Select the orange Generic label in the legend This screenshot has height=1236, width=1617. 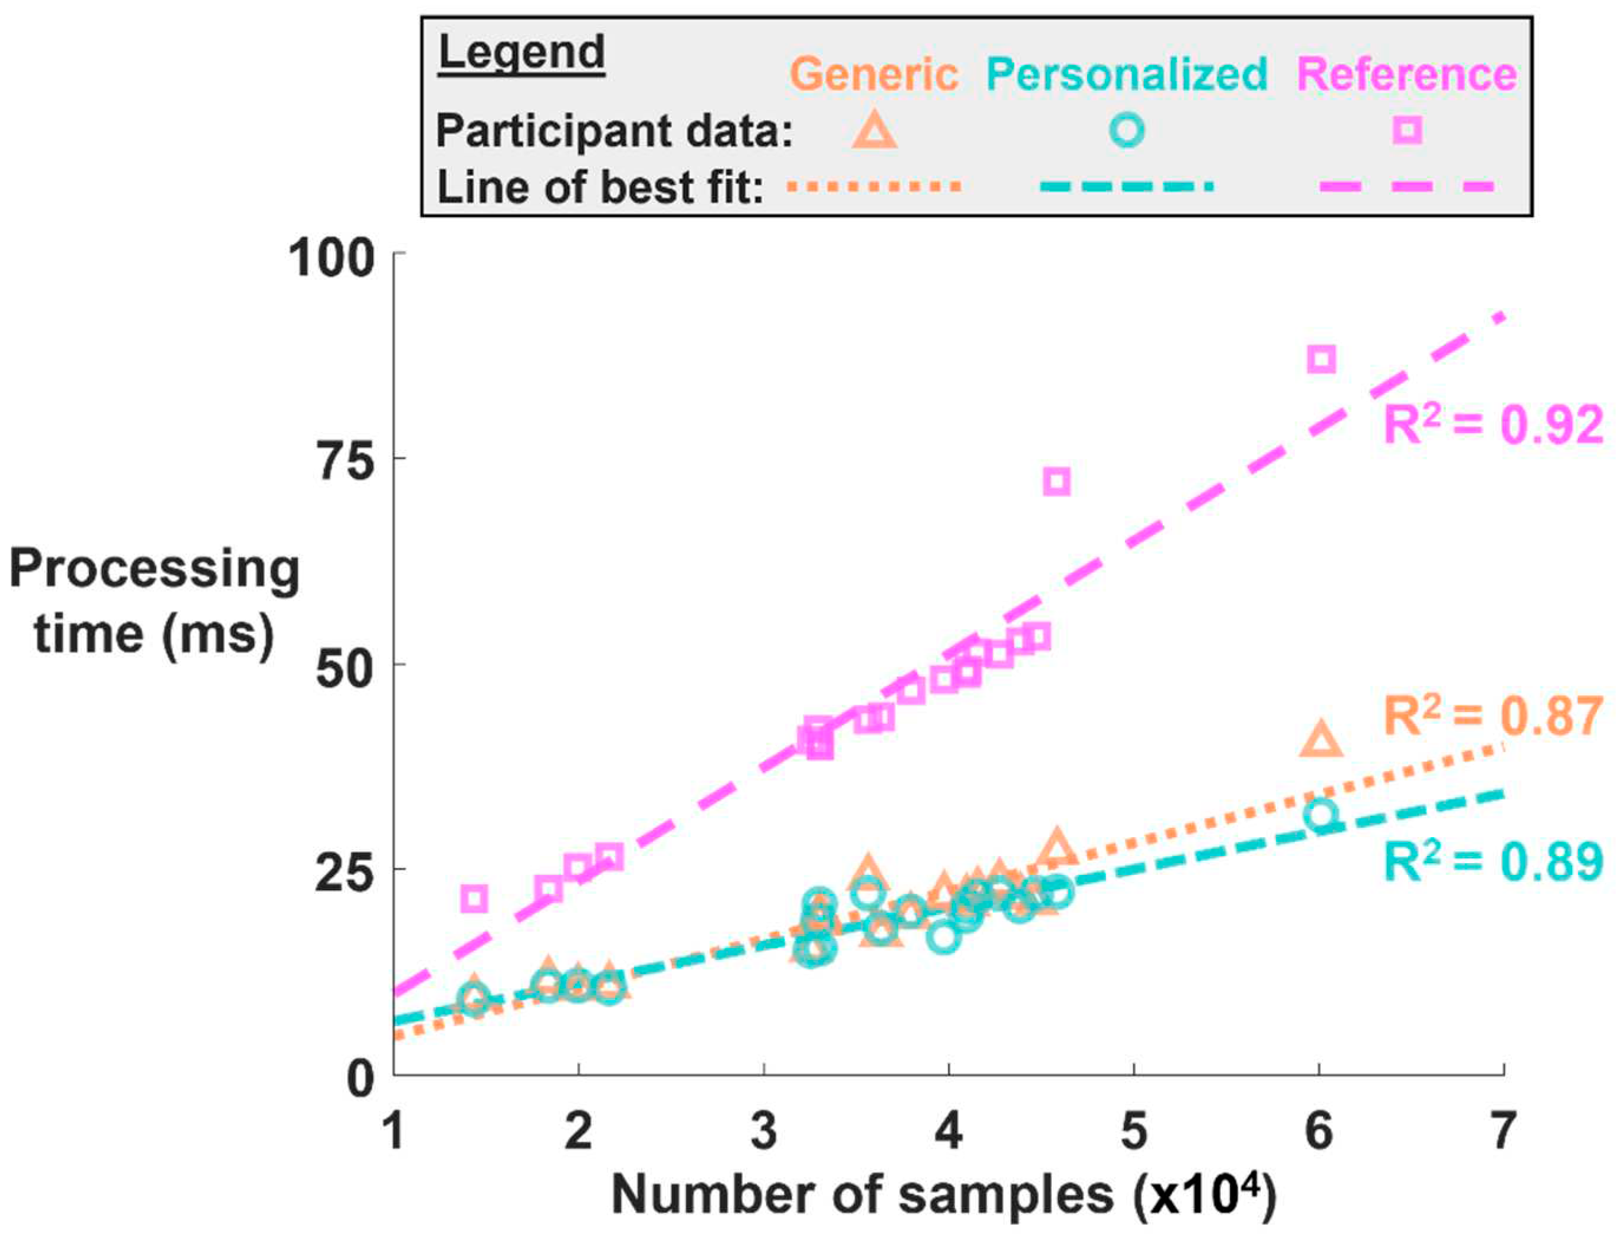[875, 74]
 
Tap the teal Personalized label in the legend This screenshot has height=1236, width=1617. [1126, 74]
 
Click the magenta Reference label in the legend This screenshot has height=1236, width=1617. [1406, 74]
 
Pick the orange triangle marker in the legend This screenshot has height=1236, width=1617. [874, 131]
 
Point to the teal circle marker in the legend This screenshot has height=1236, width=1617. [1126, 131]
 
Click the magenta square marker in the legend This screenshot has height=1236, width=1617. [1406, 131]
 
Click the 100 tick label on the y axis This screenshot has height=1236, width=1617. [331, 259]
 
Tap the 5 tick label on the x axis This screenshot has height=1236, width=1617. [1134, 1131]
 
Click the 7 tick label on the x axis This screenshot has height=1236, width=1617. [1503, 1131]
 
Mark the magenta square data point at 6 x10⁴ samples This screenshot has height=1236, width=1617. [1321, 359]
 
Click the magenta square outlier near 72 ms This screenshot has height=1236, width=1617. [1057, 482]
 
